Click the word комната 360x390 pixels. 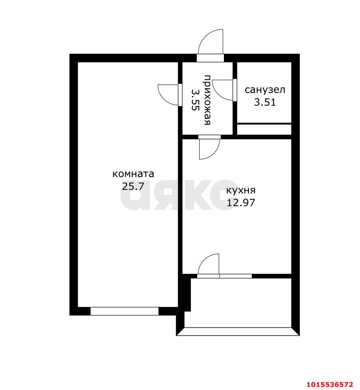point(133,173)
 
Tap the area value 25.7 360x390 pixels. point(133,186)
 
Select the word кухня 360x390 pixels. point(241,191)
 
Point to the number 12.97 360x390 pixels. point(241,203)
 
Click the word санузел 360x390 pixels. point(265,90)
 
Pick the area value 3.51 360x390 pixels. point(265,102)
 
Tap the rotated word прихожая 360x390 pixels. point(208,99)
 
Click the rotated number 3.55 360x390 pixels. point(195,99)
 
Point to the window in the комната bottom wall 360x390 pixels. point(125,311)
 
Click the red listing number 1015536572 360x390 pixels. point(330,384)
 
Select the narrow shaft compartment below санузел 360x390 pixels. point(264,129)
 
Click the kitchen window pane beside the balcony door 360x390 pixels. point(236,276)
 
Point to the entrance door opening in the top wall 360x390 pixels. point(210,58)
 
